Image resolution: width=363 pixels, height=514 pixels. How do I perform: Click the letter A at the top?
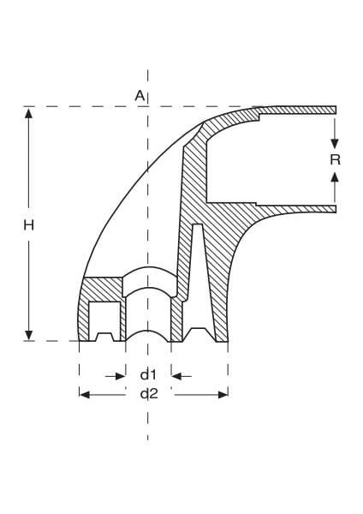pos(140,95)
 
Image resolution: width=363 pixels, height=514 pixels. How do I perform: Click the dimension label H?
pos(28,225)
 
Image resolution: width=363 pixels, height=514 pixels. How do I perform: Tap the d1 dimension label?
pos(148,374)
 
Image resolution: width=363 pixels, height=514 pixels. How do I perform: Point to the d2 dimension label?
pos(148,393)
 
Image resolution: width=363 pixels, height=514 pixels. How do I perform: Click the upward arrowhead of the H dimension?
pos(29,113)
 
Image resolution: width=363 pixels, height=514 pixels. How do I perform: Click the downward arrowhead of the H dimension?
pos(29,335)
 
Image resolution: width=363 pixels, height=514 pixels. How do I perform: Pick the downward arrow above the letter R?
pos(335,141)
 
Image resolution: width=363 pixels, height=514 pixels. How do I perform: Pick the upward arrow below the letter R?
pos(335,177)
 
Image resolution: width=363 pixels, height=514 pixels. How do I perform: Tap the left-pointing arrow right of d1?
pos(177,375)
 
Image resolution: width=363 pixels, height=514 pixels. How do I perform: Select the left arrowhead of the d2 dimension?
pos(84,394)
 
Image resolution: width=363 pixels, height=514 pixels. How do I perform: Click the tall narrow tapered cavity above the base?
pos(198,274)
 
